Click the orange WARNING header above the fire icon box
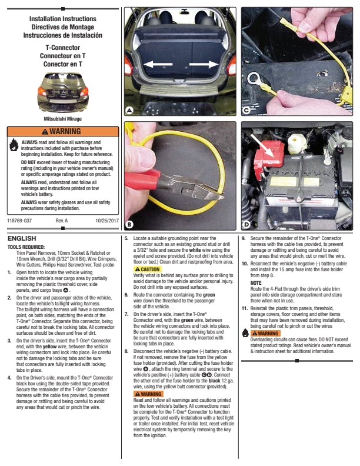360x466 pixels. point(63,131)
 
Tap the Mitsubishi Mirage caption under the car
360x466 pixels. point(63,119)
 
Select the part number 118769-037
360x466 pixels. point(19,221)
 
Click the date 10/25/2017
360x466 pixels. point(107,221)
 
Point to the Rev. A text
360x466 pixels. point(62,221)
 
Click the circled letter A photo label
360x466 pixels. point(129,110)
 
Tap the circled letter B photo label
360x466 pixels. point(129,225)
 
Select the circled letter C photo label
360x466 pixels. point(246,110)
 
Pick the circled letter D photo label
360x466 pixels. point(246,224)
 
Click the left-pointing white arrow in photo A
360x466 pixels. point(158,64)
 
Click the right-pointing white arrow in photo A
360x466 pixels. point(204,64)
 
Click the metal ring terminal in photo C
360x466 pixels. point(254,79)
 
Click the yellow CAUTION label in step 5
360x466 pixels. point(147,269)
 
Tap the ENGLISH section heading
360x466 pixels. point(22,238)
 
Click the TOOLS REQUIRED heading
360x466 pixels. point(26,247)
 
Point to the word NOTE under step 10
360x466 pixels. point(256,283)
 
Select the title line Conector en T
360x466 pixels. point(63,64)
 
